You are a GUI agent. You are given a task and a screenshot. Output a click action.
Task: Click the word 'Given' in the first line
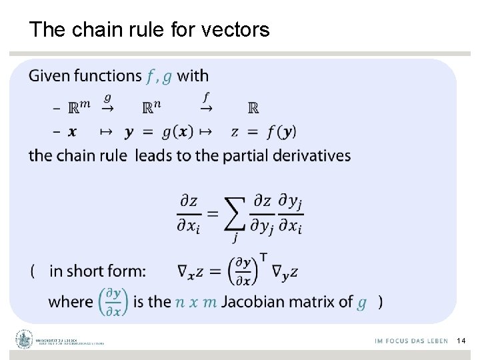[49, 76]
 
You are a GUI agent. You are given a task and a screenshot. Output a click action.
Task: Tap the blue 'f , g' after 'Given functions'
[159, 77]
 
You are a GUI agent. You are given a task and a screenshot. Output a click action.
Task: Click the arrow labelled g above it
[107, 105]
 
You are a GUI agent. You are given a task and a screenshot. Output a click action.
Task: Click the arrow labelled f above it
[207, 105]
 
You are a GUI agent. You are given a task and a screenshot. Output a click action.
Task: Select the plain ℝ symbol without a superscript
[253, 108]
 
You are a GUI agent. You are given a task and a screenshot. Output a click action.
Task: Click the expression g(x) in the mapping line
[177, 131]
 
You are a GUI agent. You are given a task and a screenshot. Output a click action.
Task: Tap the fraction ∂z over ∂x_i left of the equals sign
[189, 213]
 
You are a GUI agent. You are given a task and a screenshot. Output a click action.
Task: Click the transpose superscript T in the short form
[264, 257]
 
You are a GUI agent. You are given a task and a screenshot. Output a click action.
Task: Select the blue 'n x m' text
[196, 302]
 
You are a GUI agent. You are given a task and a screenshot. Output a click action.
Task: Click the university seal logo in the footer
[25, 340]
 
